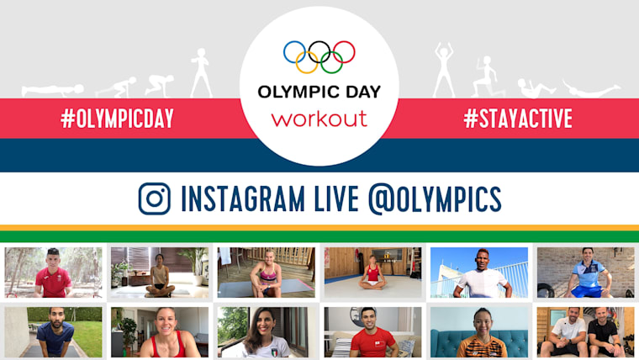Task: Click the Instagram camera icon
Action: tap(154, 199)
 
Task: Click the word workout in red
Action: tap(319, 118)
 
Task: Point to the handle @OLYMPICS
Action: tap(435, 199)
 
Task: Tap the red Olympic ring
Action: tap(343, 52)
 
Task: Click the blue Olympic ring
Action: tap(295, 52)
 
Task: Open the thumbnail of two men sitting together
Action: tap(585, 331)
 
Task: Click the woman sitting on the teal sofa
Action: tap(479, 331)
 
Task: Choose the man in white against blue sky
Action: tap(479, 273)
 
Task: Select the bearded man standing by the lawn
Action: tap(54, 331)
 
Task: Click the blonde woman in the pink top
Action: tap(266, 273)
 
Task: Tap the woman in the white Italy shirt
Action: tap(266, 333)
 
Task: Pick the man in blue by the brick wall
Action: tap(585, 273)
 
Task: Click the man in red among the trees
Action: tap(54, 273)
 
